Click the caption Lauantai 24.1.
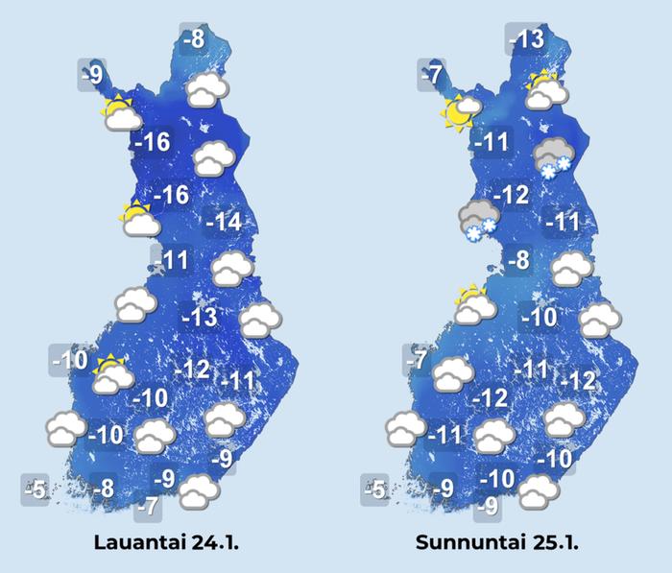pos(165,542)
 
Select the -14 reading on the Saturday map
pos(228,223)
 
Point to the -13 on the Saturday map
pos(200,317)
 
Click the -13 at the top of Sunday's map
pos(525,40)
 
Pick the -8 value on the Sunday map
pos(517,259)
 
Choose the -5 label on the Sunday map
pos(374,490)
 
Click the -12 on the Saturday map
pos(195,369)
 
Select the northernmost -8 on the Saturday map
pos(194,39)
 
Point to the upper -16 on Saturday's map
pos(154,144)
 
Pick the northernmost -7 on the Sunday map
pos(432,75)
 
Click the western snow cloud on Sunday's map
pos(477,221)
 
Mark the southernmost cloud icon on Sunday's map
pos(539,491)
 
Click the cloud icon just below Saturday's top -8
pos(207,90)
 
